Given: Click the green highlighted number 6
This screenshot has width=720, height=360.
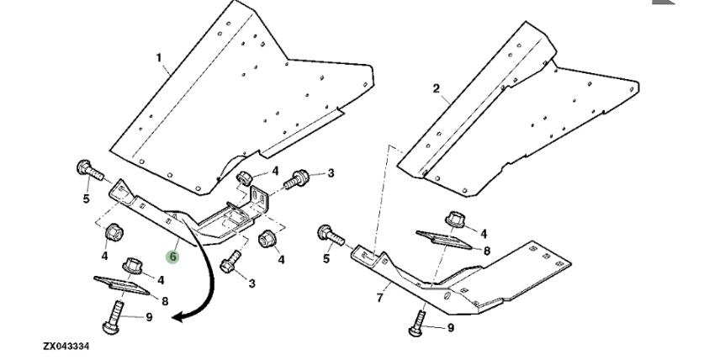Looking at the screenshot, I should click(172, 255).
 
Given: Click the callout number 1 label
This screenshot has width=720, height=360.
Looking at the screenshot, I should click(157, 58).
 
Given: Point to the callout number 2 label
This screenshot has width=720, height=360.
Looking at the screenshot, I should click(436, 88).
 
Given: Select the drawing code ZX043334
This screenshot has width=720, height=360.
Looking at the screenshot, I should click(66, 346).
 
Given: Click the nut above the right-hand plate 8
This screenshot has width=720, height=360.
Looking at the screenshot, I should click(455, 220).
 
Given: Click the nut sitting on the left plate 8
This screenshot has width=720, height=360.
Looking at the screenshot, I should click(132, 267).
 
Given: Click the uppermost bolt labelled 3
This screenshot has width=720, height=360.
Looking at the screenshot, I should click(299, 179).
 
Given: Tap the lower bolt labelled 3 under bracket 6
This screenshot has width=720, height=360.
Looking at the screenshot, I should click(230, 260).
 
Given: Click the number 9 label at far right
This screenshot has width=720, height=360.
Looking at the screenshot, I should click(451, 327).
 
